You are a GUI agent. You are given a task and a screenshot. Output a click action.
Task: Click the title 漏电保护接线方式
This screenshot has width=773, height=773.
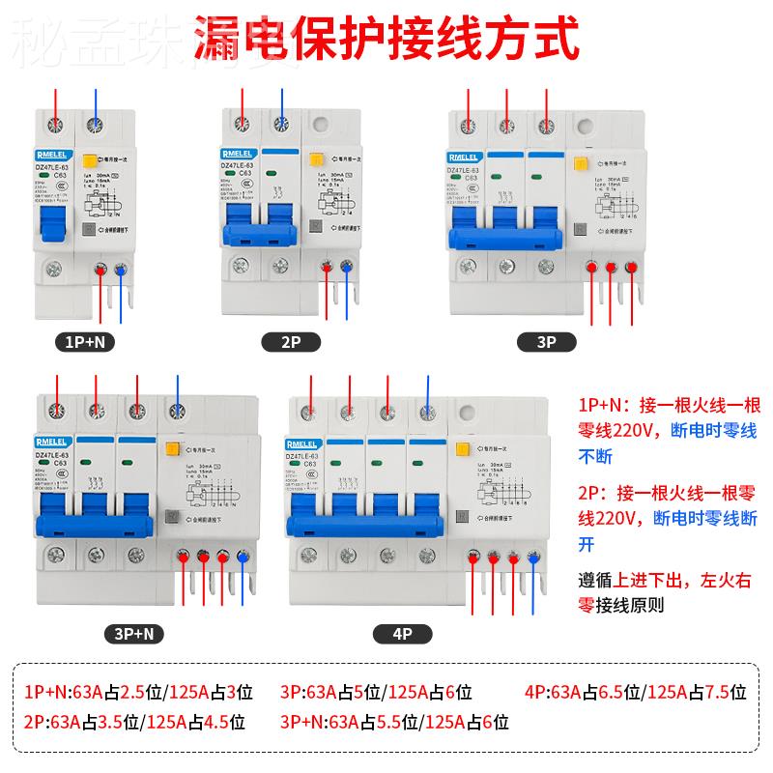pyautogui.click(x=386, y=41)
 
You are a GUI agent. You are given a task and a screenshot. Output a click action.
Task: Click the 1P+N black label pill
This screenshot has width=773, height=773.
pyautogui.click(x=88, y=341)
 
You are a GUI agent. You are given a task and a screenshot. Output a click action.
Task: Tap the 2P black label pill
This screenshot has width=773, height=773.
pyautogui.click(x=292, y=341)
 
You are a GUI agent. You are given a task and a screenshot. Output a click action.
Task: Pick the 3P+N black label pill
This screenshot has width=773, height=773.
pyautogui.click(x=134, y=634)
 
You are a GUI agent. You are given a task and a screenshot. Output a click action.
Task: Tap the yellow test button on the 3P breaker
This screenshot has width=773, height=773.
pyautogui.click(x=582, y=165)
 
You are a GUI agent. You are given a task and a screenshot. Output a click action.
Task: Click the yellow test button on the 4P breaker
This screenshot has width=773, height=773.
pyautogui.click(x=462, y=446)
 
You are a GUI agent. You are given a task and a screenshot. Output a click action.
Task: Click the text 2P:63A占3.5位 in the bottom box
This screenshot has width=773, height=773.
pyautogui.click(x=73, y=721)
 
